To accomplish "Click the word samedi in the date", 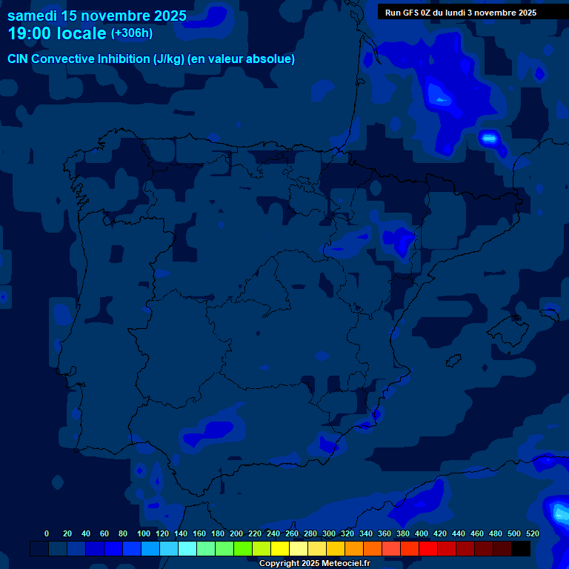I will tap(31, 16).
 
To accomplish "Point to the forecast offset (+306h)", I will tap(131, 33).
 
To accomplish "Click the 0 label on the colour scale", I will tap(47, 533).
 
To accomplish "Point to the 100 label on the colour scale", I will tap(143, 533).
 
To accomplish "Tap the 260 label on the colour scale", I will tap(291, 533).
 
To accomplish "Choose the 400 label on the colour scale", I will tap(421, 533).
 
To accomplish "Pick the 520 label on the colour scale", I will tap(532, 533).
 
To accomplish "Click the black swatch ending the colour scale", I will tap(521, 549).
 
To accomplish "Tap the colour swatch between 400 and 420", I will tap(428, 549).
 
